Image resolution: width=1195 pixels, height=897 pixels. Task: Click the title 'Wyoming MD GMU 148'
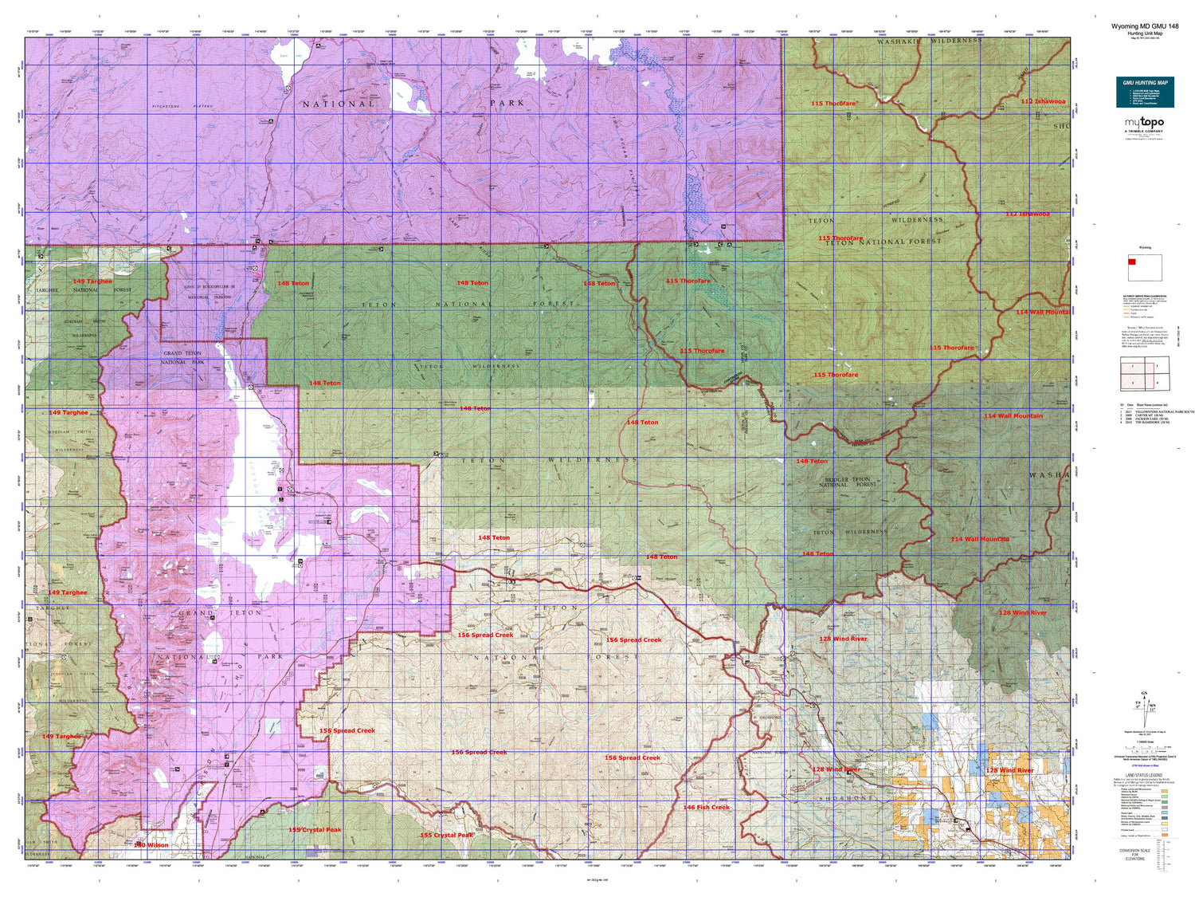(1145, 26)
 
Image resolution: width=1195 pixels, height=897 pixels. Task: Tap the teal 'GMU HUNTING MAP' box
(1145, 92)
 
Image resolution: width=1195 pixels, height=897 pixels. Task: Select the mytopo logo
(1144, 124)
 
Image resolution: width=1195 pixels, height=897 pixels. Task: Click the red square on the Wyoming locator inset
(1132, 262)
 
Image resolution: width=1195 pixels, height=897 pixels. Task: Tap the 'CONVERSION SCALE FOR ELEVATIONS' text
(1134, 854)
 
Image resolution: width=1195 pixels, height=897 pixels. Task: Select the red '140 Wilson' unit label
(151, 845)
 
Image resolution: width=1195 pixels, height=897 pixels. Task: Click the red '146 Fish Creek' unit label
(706, 807)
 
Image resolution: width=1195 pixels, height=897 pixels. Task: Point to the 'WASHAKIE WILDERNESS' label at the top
(929, 41)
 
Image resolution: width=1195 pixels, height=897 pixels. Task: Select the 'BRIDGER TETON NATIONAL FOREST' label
(848, 482)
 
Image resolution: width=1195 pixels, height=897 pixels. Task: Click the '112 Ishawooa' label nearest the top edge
(1043, 101)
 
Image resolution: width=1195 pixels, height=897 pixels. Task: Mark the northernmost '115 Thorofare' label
(834, 104)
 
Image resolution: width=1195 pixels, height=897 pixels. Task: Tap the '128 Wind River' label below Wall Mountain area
(1022, 612)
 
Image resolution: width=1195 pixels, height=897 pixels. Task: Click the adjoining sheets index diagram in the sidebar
(1145, 373)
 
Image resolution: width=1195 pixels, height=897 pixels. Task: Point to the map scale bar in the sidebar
(1145, 749)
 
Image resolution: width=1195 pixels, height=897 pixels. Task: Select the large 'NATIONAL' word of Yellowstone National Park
(339, 104)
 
